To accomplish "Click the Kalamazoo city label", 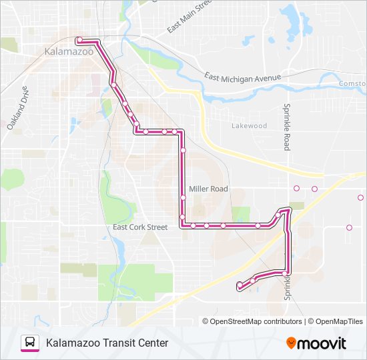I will point(69,51).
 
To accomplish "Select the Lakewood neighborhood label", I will point(249,125).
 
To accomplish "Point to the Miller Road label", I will point(208,189).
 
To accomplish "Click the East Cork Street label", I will point(140,227).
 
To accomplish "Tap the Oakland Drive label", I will point(19,108).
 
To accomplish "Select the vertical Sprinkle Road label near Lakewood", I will point(286,127).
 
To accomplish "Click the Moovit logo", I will point(317,343).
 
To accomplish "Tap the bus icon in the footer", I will point(30,343).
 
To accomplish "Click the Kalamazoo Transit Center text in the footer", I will point(107,343).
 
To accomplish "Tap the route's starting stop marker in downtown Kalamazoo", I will point(79,40).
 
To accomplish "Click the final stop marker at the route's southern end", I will point(240,285).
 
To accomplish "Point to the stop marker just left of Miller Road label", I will point(182,197).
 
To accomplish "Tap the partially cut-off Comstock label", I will point(353,83).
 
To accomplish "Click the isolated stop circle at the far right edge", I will point(360,198).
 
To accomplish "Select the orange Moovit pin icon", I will point(291,343).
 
